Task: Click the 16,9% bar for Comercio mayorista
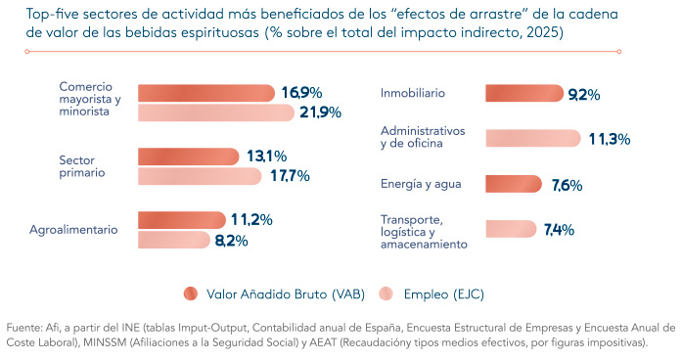[x=206, y=93]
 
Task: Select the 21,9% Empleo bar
[x=216, y=112]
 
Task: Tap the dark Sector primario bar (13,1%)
[x=189, y=157]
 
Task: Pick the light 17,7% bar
[x=200, y=176]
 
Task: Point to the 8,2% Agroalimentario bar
[x=174, y=240]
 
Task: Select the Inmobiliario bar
[x=524, y=93]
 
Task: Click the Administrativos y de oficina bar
[x=533, y=138]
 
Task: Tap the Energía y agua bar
[x=514, y=184]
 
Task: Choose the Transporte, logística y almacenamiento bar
[x=511, y=229]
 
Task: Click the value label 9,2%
[x=584, y=94]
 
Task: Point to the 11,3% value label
[x=610, y=139]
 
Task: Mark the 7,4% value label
[x=559, y=230]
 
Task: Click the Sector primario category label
[x=82, y=166]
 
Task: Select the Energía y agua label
[x=421, y=184]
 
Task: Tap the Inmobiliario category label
[x=413, y=93]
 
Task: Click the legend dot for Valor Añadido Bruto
[x=191, y=293]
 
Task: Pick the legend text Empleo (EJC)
[x=443, y=294]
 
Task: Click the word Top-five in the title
[x=52, y=15]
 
